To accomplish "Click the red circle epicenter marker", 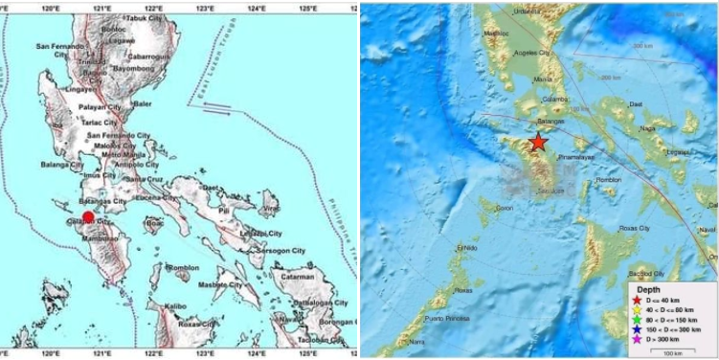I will [88, 217].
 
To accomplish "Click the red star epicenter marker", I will [539, 143].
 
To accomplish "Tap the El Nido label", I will [466, 246].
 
